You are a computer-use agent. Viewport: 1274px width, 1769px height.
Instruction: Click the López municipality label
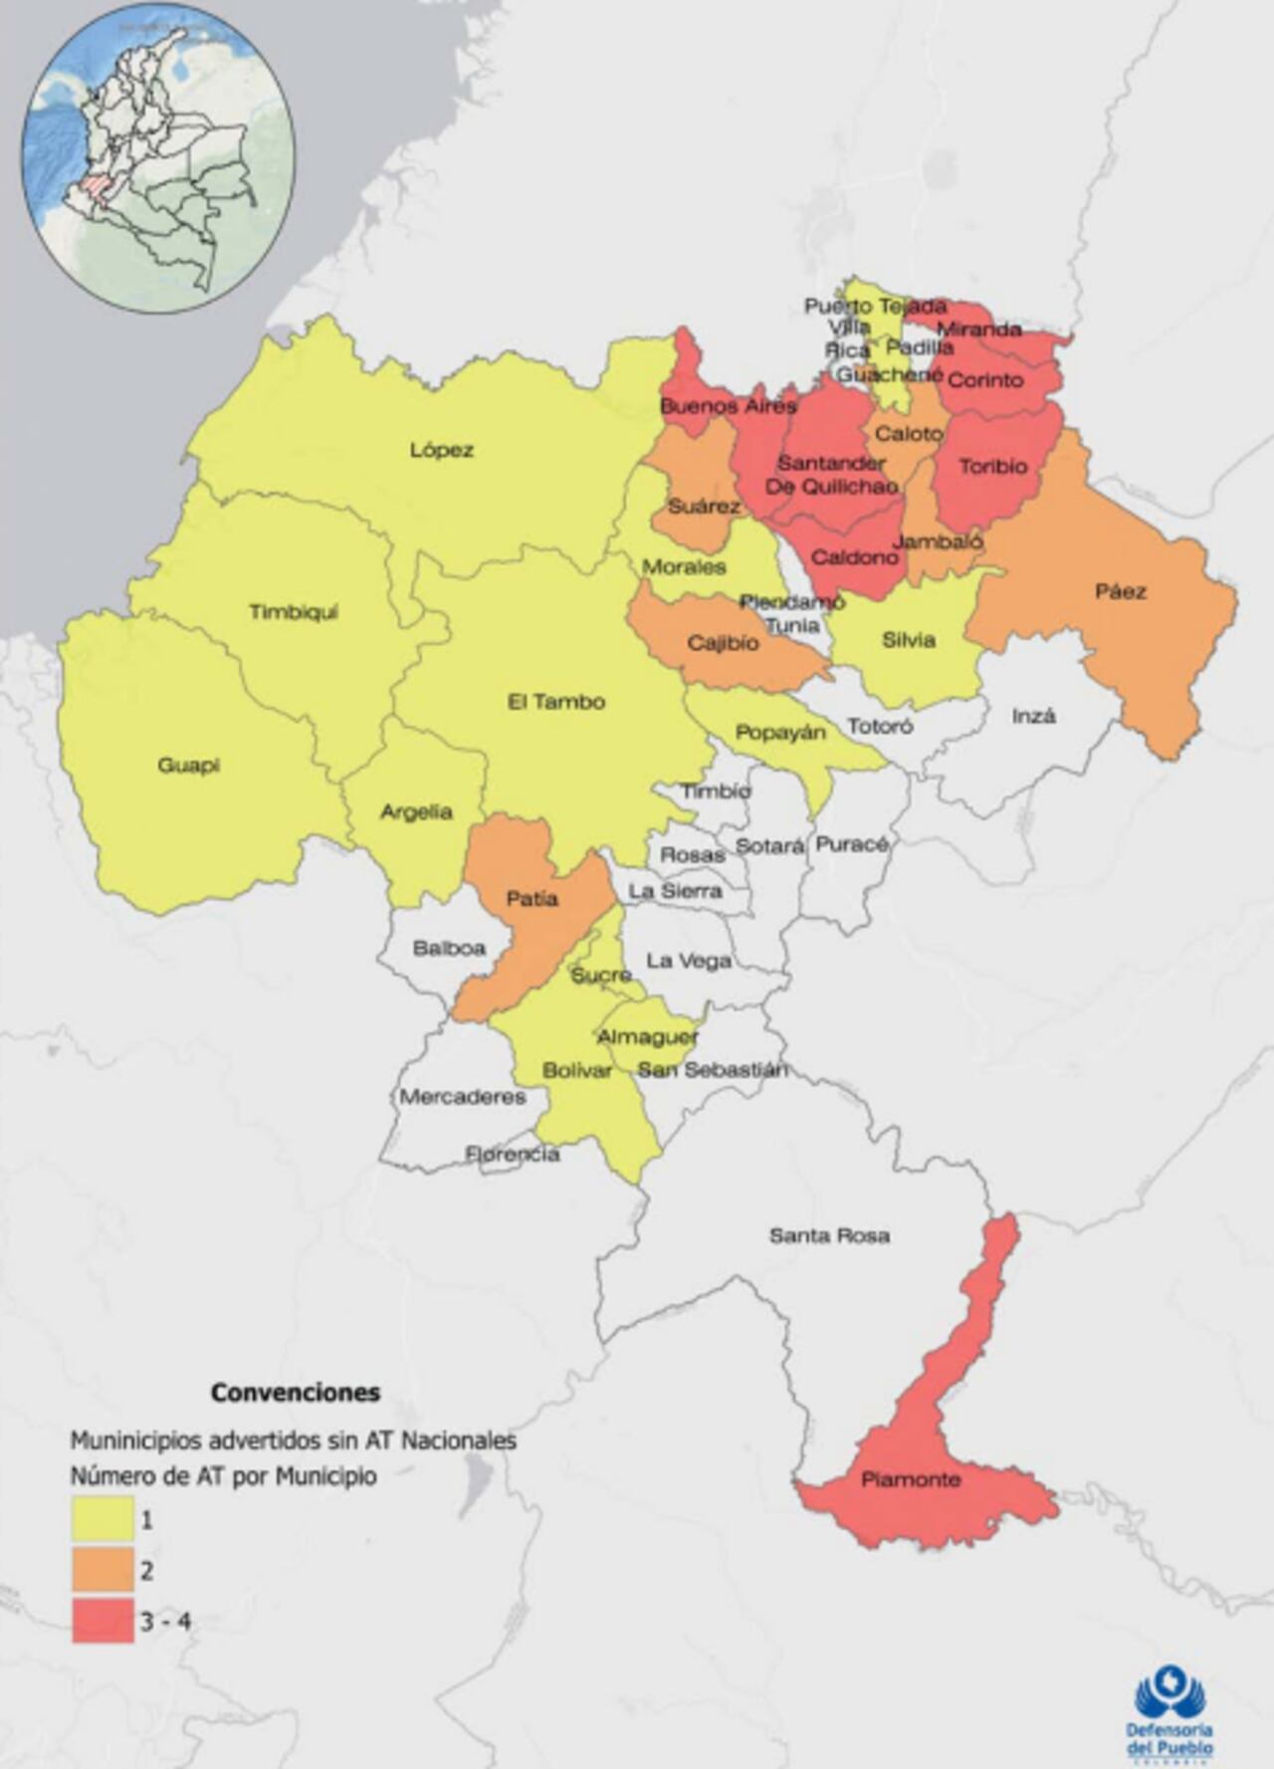point(441,450)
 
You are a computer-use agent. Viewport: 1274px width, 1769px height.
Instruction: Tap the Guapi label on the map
point(188,766)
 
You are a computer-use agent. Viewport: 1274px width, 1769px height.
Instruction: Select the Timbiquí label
point(294,612)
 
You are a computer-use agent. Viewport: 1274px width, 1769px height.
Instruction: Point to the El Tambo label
point(555,702)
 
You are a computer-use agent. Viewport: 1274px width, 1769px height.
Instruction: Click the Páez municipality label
point(1121,591)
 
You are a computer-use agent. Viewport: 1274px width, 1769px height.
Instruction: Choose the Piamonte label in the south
point(911,1479)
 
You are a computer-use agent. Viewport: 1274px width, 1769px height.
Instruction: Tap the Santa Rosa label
point(829,1235)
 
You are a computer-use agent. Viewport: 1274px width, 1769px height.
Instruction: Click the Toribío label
point(992,465)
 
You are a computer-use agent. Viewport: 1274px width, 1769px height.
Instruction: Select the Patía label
point(531,899)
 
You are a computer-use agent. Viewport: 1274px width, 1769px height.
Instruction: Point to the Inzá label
point(1033,716)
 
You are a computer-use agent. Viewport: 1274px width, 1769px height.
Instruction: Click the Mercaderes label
point(463,1097)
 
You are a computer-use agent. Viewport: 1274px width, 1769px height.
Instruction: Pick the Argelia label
point(416,812)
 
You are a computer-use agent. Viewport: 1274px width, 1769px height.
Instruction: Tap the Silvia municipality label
point(908,640)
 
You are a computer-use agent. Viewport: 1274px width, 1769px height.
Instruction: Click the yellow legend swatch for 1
point(103,1519)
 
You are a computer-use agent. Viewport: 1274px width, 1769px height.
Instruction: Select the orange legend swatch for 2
point(103,1570)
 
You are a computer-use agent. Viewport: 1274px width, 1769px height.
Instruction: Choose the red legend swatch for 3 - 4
point(103,1621)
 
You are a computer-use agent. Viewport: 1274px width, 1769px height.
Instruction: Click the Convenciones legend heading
point(295,1393)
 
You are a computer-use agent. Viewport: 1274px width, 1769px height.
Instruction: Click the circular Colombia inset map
point(158,157)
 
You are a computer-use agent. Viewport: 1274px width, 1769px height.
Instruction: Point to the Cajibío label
point(723,643)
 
